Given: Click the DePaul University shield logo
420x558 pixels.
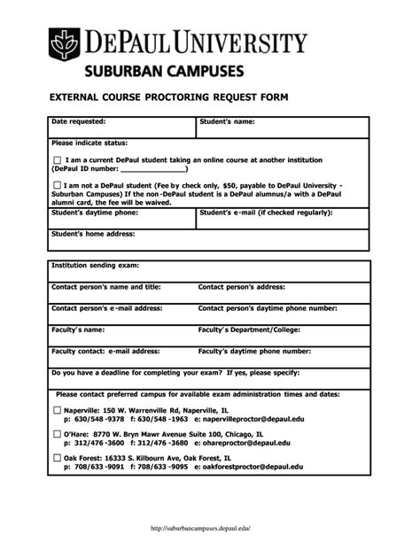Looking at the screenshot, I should (x=65, y=43).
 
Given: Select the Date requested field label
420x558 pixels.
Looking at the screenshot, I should (x=79, y=120).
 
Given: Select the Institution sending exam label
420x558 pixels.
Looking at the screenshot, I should (x=96, y=265).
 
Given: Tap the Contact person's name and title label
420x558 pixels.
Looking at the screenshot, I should (x=106, y=287).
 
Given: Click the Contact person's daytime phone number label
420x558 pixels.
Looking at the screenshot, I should (x=268, y=308).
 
